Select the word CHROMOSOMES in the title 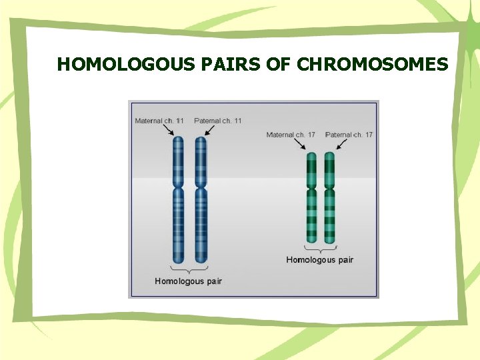(x=372, y=65)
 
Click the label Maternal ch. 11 (x=159, y=121)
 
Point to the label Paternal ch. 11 (x=218, y=121)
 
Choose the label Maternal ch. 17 (x=291, y=135)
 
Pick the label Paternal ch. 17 (x=349, y=135)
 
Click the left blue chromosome (x=178, y=200)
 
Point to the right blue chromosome (x=201, y=200)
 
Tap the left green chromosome (x=311, y=197)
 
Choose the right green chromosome (x=329, y=197)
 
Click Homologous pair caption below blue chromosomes (x=188, y=281)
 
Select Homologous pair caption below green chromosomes (x=320, y=260)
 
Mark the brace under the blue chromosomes (x=189, y=270)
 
